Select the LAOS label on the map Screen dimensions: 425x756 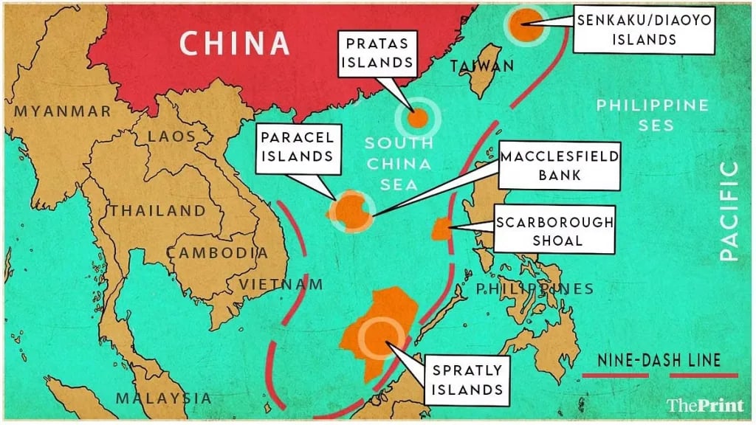[172, 137]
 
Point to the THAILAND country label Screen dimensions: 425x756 [158, 210]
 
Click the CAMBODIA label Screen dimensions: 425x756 [217, 252]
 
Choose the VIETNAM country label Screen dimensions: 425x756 [281, 284]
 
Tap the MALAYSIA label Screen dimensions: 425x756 [163, 398]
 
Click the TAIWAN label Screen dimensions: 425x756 [482, 66]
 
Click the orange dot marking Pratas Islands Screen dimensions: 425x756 [418, 117]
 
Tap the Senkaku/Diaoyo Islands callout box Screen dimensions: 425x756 [644, 30]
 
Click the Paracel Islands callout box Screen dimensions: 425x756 [296, 146]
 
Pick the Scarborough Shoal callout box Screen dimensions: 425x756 [554, 231]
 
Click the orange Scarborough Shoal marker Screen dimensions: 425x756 [441, 229]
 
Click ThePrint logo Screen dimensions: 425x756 [705, 404]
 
